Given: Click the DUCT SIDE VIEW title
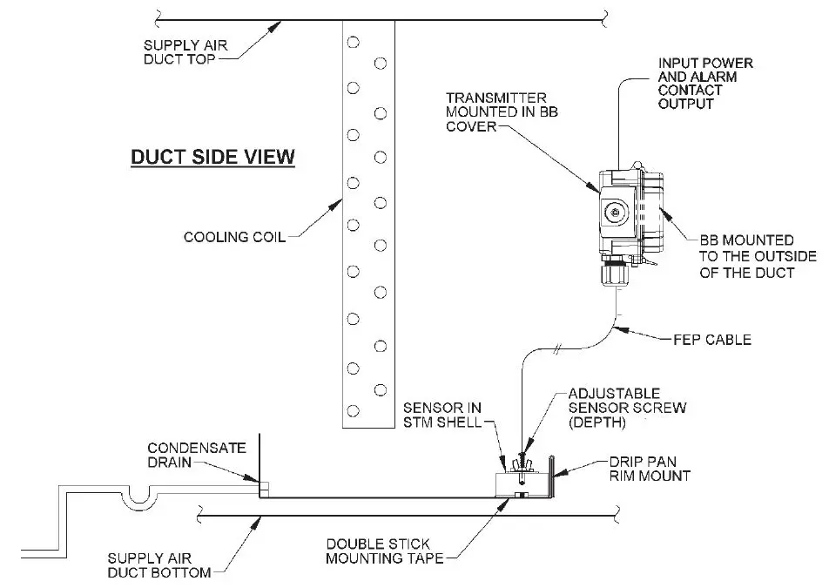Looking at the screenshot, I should coord(212,158).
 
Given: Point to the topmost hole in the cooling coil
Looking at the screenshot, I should coord(353,41).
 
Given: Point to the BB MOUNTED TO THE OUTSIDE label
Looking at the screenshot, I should coord(758,255).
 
